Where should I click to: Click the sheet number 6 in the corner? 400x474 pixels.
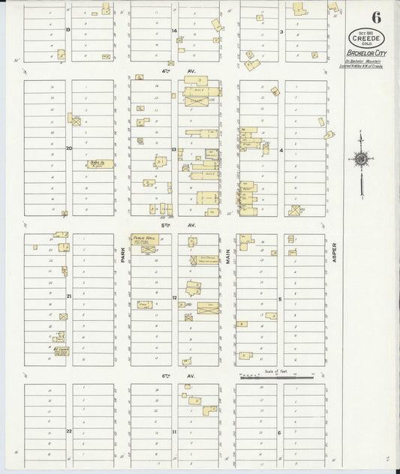[374, 16]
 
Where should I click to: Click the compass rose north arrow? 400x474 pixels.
[361, 159]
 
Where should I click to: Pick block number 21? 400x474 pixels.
[68, 296]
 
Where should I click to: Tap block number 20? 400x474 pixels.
[68, 148]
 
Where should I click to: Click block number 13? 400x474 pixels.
[173, 149]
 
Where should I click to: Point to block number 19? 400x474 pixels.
[68, 29]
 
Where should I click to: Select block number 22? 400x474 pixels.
[68, 431]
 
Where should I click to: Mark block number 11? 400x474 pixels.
[173, 432]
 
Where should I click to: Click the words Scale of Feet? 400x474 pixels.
[276, 370]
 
